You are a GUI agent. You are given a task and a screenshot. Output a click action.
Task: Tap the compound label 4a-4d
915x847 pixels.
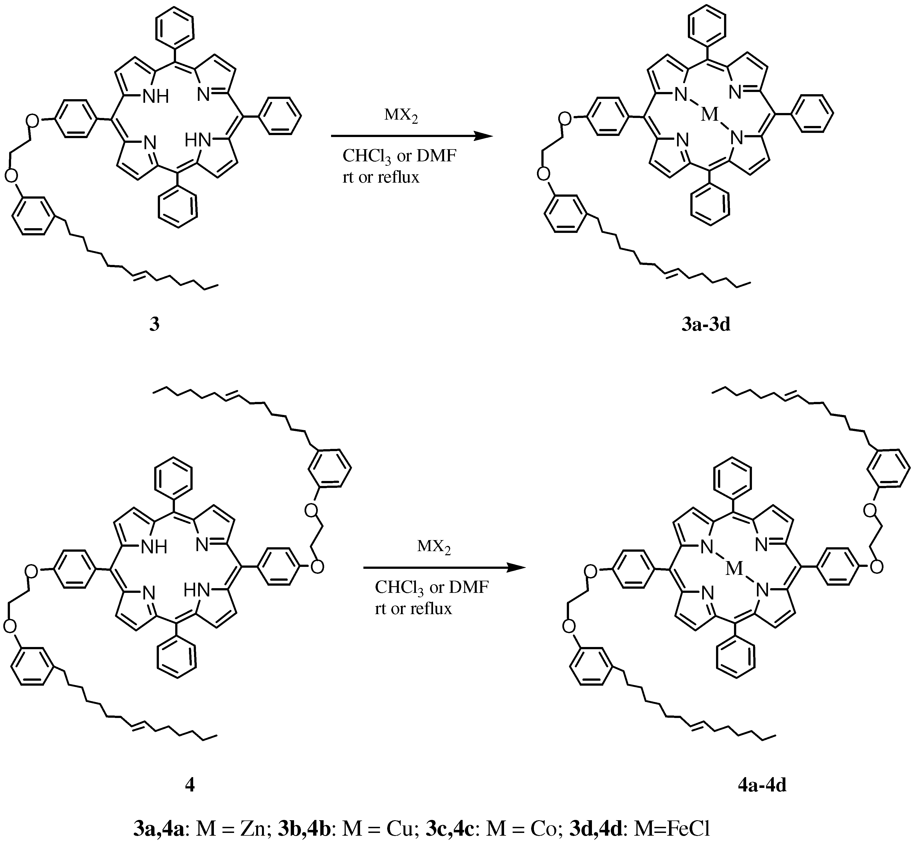(762, 785)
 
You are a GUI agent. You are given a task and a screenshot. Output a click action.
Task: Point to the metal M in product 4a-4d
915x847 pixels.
(734, 569)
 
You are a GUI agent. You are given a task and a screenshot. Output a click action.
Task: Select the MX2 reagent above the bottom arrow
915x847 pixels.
(434, 547)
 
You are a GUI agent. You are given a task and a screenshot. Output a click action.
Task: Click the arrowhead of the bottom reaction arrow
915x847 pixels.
(515, 568)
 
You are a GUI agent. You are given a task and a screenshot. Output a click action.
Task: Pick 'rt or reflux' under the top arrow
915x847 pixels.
(381, 177)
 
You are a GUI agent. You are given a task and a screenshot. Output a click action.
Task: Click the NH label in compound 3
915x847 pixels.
(156, 96)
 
